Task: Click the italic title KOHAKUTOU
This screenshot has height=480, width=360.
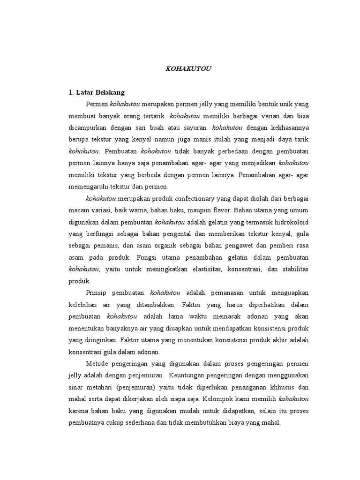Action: point(189,68)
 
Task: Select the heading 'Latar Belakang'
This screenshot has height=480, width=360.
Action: point(100,92)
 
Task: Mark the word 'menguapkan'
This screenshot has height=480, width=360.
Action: point(289,293)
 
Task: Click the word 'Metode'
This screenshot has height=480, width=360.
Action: point(97,364)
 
